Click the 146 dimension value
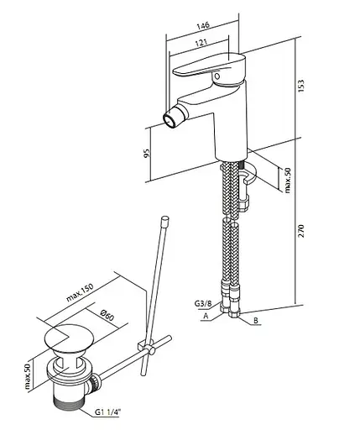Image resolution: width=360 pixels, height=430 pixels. [203, 25]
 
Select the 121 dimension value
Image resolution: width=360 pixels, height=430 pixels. [201, 43]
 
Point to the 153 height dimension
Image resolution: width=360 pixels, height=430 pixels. [300, 86]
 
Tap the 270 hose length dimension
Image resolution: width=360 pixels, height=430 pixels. [300, 231]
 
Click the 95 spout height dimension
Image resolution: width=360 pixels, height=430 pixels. [147, 153]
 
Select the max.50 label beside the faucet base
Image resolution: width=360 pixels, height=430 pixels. [288, 180]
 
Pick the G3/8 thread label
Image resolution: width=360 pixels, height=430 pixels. [203, 303]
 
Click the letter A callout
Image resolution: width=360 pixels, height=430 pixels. [206, 316]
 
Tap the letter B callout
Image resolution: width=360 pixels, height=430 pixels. [255, 320]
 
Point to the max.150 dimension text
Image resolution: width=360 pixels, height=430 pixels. [80, 292]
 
